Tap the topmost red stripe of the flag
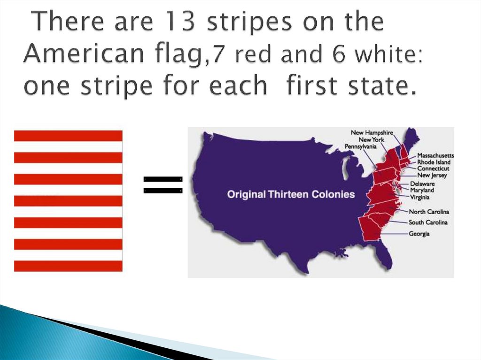[x=68, y=136]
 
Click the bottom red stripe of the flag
[x=68, y=266]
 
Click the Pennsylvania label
[x=361, y=146]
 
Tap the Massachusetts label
[x=435, y=155]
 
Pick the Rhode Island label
[x=434, y=162]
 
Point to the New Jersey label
[x=432, y=176]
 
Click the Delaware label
[x=422, y=184]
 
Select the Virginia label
[x=419, y=197]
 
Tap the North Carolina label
[x=428, y=212]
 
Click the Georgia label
[x=419, y=234]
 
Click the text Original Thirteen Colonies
[x=291, y=194]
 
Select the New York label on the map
[x=371, y=140]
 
